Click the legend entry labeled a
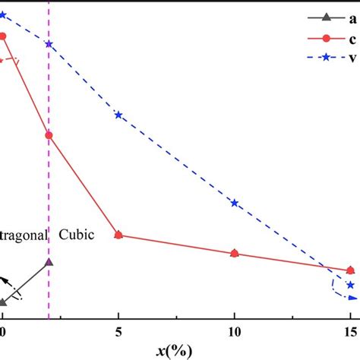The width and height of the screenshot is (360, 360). pyautogui.click(x=334, y=17)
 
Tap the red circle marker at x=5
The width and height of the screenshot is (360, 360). pyautogui.click(x=118, y=235)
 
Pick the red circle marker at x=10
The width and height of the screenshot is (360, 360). pyautogui.click(x=234, y=253)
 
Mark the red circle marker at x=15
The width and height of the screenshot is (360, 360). pyautogui.click(x=350, y=270)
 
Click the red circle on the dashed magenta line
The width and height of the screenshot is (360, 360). pyautogui.click(x=49, y=135)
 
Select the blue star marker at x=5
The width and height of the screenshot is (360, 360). pyautogui.click(x=118, y=115)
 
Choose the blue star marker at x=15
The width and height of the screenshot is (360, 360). pyautogui.click(x=350, y=285)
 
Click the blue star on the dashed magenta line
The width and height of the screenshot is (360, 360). pyautogui.click(x=49, y=43)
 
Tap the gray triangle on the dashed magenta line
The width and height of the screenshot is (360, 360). pyautogui.click(x=49, y=262)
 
